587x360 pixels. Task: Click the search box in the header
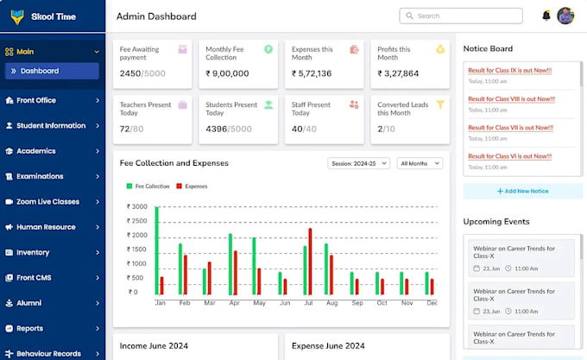coord(461,16)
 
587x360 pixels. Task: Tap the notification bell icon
coord(546,16)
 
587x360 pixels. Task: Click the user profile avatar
coord(565,16)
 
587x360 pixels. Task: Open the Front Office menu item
coord(36,100)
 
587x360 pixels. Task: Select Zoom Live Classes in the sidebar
coord(47,202)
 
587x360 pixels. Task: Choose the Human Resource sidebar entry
coord(46,227)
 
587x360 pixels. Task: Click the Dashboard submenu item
coord(40,71)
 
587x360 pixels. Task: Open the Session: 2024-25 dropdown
coord(359,163)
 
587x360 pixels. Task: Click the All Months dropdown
coord(420,163)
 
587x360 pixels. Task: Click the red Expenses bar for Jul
coord(310,261)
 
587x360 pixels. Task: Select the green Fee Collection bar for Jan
coord(156,250)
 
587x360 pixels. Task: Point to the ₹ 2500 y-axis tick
coord(136,221)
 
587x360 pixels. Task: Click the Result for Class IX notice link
coord(510,70)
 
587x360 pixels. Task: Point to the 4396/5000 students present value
coord(228,129)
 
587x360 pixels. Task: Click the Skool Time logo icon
coord(16,17)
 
